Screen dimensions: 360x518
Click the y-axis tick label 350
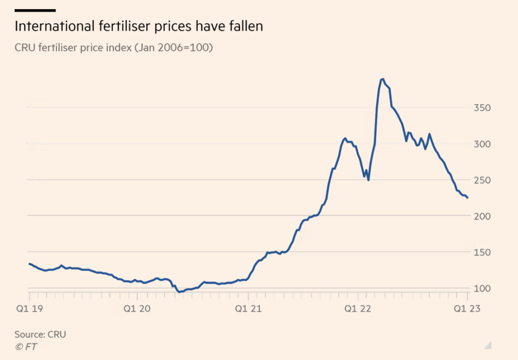point(482,108)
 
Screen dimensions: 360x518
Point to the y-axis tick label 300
point(482,144)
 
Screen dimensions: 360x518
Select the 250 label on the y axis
point(482,181)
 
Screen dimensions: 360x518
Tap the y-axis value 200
point(482,216)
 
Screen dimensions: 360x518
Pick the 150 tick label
point(482,252)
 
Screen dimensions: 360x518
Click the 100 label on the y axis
point(482,288)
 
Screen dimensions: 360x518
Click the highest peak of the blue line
point(382,79)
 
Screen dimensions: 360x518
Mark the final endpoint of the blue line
point(467,198)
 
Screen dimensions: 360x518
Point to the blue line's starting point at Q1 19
point(29,263)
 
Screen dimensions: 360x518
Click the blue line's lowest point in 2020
point(180,292)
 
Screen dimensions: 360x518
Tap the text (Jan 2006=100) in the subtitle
point(178,48)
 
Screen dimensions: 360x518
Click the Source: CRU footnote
point(40,334)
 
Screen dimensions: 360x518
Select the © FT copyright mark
point(26,346)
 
